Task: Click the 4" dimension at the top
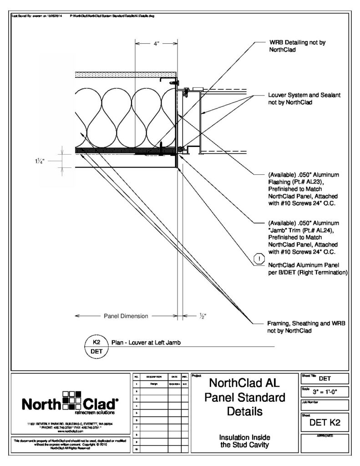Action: coord(156,44)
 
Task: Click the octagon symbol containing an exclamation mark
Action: coord(259,259)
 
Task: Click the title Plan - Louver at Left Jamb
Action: coord(146,343)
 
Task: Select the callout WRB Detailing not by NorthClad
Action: coord(297,46)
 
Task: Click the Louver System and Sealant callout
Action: coord(304,99)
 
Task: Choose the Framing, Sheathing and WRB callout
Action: coord(306,327)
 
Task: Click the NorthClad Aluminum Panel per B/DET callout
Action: coord(308,268)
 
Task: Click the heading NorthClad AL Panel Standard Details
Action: coord(247,397)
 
